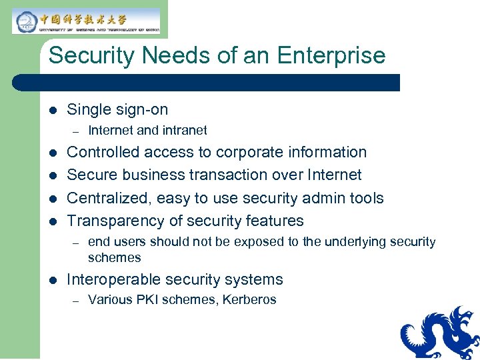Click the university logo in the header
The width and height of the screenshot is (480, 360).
(86, 21)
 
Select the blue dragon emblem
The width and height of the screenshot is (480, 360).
(440, 333)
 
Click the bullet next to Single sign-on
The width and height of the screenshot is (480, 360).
(52, 110)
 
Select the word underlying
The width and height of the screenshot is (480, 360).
(357, 242)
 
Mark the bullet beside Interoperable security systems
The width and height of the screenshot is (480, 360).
(52, 280)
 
